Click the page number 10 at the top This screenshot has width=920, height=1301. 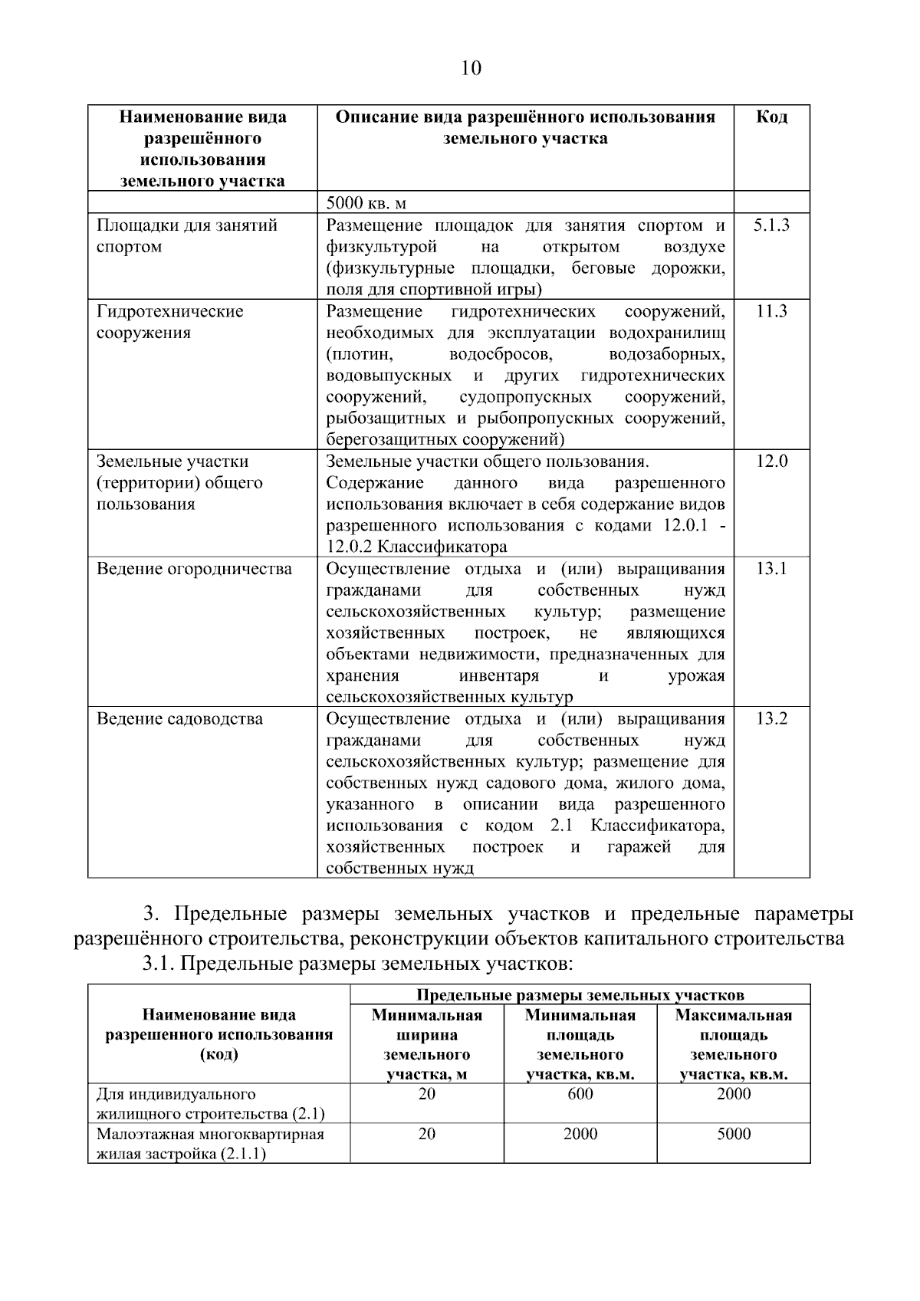[x=471, y=69]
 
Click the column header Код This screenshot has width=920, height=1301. [x=771, y=117]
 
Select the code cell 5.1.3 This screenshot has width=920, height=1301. [x=771, y=225]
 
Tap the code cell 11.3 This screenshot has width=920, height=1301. [x=771, y=311]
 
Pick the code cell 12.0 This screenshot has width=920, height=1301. [x=771, y=462]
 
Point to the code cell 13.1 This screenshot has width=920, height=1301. [x=771, y=569]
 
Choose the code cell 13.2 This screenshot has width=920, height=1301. [x=771, y=719]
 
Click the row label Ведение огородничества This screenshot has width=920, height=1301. [x=194, y=569]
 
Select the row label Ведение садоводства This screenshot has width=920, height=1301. [x=179, y=719]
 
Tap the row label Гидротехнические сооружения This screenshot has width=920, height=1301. [x=169, y=322]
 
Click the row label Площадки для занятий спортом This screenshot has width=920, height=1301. [x=186, y=236]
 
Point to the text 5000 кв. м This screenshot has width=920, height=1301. [x=366, y=203]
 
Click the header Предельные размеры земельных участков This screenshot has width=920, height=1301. [x=580, y=995]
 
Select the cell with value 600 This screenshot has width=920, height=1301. [x=580, y=1094]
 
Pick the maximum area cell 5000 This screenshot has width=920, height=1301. [x=734, y=1134]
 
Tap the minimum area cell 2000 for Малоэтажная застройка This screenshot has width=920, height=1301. [x=580, y=1134]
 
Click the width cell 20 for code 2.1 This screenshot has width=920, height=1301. [x=427, y=1094]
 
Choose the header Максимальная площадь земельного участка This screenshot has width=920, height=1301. [x=734, y=1044]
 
